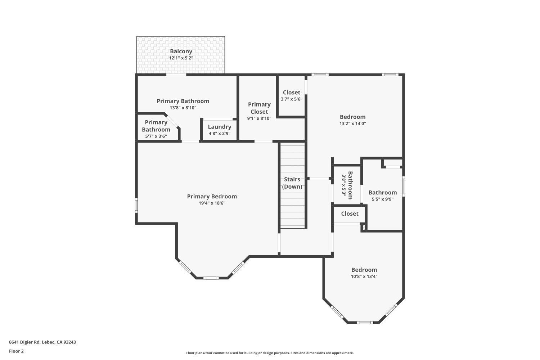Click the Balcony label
[181, 51]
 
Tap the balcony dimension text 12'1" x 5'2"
[181, 58]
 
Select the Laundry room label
[219, 127]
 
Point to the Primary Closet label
[259, 108]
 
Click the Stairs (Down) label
[292, 183]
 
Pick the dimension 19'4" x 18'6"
[212, 203]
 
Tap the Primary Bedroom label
[212, 197]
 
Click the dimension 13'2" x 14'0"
[352, 123]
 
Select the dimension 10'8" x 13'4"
[364, 276]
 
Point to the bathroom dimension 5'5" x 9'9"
[382, 199]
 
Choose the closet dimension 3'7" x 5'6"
[291, 99]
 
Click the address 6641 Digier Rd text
[42, 342]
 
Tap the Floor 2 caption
[16, 351]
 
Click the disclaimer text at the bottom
[270, 353]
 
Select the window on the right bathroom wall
[403, 186]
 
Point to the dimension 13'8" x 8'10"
[183, 108]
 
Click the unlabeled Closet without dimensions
[350, 214]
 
